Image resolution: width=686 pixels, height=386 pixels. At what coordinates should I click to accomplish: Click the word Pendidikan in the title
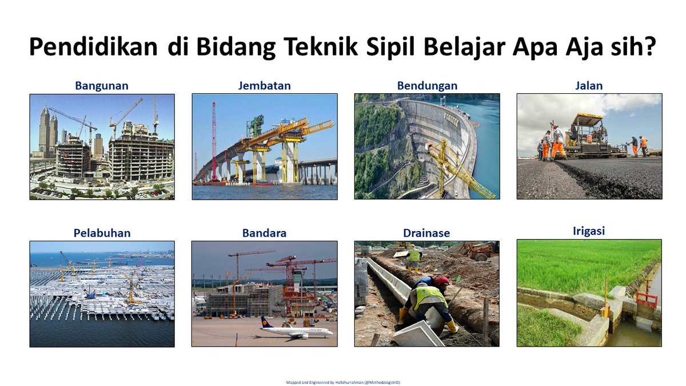click(93, 47)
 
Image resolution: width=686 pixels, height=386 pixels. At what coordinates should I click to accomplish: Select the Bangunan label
click(102, 86)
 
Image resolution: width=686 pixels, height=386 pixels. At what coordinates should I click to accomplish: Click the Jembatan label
click(265, 85)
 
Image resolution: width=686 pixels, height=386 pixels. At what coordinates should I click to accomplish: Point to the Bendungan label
click(427, 86)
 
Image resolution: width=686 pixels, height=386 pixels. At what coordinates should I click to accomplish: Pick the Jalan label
click(589, 85)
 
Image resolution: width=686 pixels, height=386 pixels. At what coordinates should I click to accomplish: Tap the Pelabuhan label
click(102, 233)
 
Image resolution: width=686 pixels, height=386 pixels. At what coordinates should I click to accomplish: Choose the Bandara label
click(264, 233)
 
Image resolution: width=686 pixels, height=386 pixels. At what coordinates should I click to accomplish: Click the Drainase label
click(426, 233)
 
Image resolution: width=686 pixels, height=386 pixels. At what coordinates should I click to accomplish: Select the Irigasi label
click(589, 231)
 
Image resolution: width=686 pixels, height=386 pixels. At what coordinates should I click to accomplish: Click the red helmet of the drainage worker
click(441, 281)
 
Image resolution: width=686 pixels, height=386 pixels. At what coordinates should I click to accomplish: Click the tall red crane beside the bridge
click(214, 141)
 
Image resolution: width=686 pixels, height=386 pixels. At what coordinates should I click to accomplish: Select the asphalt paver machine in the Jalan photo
click(587, 136)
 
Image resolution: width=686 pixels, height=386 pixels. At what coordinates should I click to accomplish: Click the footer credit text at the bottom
click(343, 383)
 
